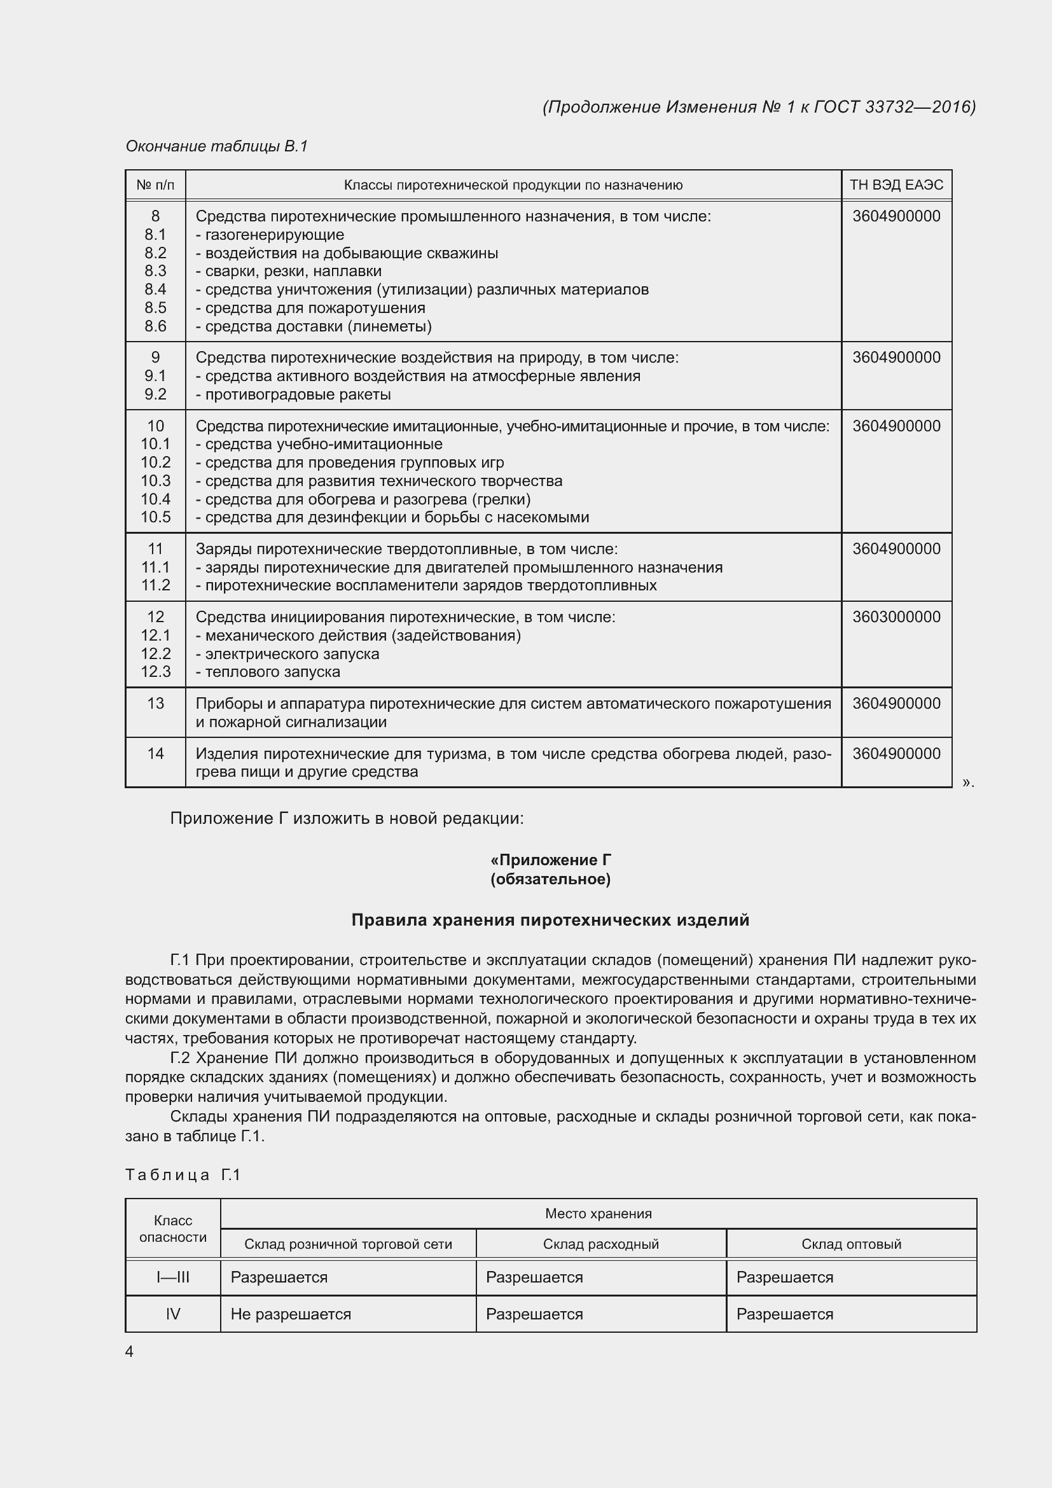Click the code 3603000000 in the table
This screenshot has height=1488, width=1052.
coord(896,616)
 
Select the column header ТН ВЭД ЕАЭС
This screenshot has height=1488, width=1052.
coord(896,185)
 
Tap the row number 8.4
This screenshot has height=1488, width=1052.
coord(155,289)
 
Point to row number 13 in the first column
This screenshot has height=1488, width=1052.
coord(155,703)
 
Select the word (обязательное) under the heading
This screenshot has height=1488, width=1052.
coord(551,879)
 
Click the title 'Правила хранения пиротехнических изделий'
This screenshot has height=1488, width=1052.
coord(550,920)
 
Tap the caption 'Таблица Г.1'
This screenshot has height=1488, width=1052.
coord(183,1174)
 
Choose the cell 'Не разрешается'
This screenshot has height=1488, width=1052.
coord(291,1314)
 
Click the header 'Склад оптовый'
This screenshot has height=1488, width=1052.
coord(851,1244)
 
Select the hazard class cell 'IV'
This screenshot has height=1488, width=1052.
coord(173,1314)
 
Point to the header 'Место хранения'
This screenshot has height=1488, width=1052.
coord(598,1213)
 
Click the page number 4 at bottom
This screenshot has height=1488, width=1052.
coord(130,1351)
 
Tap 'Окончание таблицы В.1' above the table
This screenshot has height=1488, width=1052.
coord(216,146)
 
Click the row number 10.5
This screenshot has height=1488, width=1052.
coord(155,517)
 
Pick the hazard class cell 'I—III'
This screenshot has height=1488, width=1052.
coord(173,1277)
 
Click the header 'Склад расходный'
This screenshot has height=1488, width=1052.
coord(600,1244)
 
